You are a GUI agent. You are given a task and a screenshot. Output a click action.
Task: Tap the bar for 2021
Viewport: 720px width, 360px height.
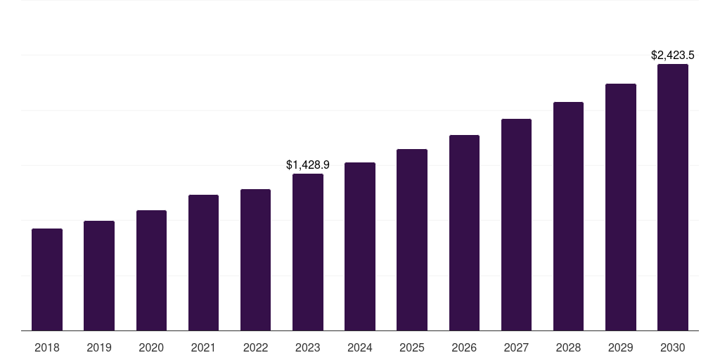point(203,263)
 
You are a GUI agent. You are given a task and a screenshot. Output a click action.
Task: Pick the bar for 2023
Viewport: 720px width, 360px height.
point(308,252)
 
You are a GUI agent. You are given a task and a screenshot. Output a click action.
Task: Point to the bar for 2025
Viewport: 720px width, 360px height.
point(412,240)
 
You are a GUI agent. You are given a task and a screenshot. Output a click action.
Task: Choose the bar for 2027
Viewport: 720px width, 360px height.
point(516,225)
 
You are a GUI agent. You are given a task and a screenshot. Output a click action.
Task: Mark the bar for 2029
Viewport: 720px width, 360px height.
point(621,207)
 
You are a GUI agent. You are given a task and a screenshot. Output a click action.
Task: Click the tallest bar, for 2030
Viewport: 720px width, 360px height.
point(673,198)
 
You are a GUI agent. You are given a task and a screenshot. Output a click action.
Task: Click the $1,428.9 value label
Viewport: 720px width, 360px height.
point(308,165)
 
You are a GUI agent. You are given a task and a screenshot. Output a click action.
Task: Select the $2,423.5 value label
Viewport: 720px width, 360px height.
point(673,55)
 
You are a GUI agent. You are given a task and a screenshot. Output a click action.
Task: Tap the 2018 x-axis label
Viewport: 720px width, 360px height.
point(47,347)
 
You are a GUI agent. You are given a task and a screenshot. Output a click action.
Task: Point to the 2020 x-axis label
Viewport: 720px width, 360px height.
point(151,347)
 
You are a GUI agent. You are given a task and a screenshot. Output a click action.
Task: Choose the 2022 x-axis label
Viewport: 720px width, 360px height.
point(255,347)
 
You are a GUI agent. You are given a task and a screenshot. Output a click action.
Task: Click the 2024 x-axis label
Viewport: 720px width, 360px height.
point(360,347)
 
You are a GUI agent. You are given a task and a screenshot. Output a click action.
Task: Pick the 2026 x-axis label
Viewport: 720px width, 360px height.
point(464,347)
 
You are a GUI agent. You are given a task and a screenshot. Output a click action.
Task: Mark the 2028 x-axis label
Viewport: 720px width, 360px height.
point(568,347)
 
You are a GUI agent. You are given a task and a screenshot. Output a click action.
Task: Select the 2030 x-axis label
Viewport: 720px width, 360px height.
point(673,347)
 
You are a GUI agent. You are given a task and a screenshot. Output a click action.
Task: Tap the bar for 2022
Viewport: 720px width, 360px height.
point(255,260)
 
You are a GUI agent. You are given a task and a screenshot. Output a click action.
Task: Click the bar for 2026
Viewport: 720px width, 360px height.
point(464,233)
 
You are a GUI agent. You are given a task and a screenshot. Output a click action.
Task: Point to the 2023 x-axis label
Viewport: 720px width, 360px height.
point(308,347)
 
